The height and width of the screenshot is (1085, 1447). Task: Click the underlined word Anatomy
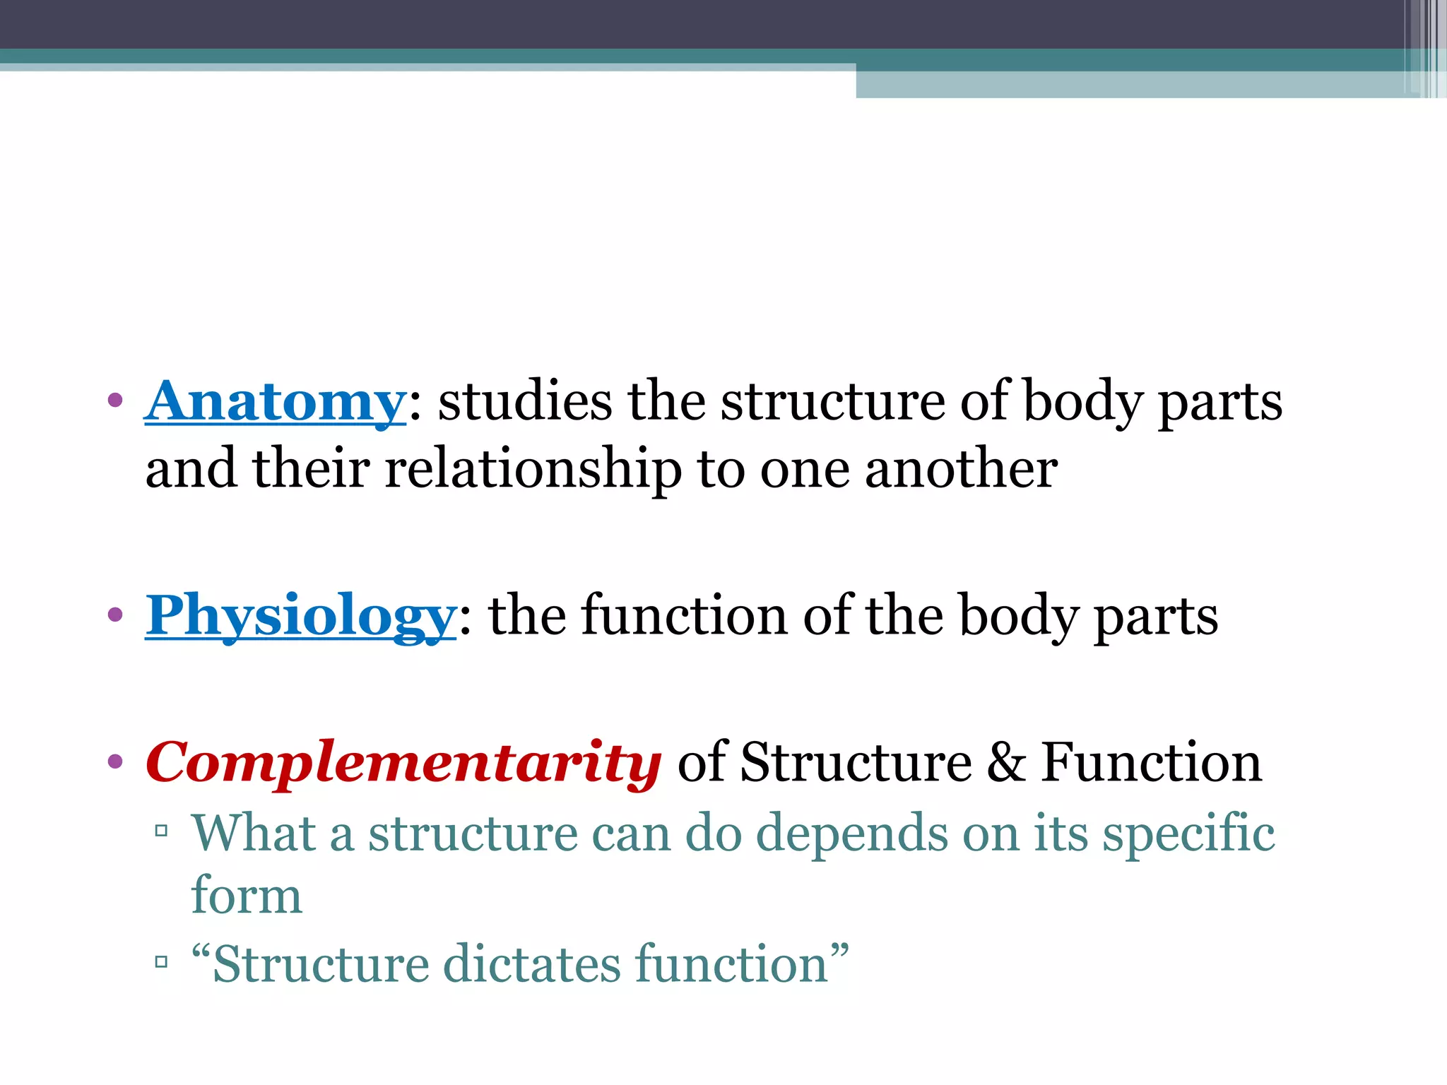click(x=275, y=402)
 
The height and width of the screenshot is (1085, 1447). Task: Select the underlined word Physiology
click(x=301, y=616)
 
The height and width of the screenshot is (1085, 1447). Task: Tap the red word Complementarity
click(x=403, y=764)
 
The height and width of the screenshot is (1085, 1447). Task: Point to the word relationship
click(x=533, y=470)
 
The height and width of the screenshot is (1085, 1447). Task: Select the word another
click(x=962, y=469)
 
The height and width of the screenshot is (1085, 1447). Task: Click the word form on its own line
click(x=247, y=896)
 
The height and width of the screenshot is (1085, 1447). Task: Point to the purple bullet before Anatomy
click(x=115, y=401)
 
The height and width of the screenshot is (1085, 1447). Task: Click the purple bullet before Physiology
click(x=115, y=615)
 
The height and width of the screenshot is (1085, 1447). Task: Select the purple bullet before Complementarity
click(x=115, y=762)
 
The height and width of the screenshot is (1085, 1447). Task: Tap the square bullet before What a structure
click(x=161, y=830)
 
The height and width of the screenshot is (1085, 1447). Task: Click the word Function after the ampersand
click(x=1152, y=763)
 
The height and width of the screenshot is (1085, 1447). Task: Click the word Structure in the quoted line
click(x=321, y=964)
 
